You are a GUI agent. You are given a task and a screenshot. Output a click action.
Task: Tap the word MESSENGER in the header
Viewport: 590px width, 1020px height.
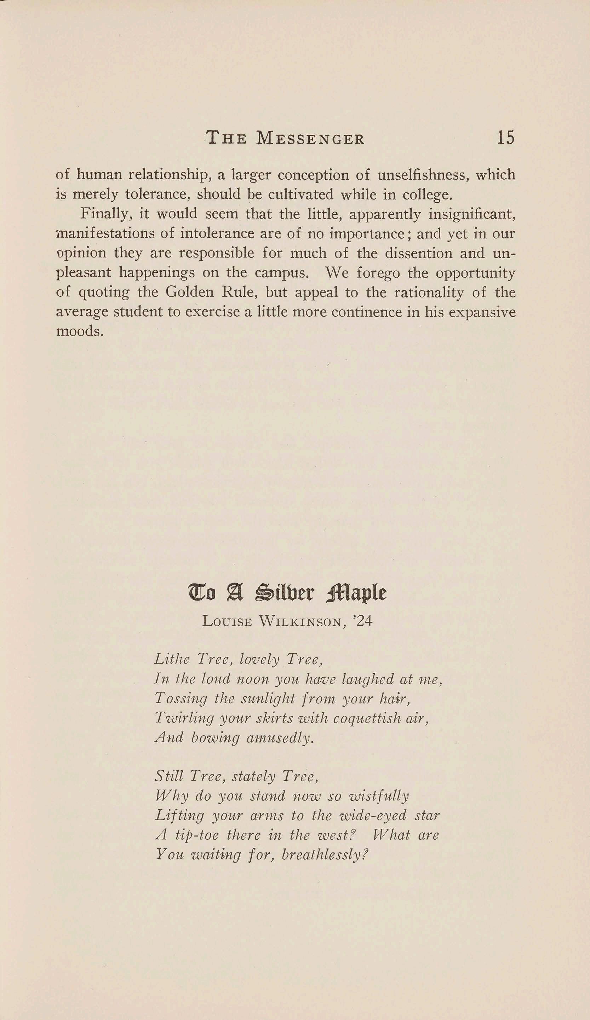point(311,139)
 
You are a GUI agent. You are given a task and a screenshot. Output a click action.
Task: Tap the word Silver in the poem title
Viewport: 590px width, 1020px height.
point(284,593)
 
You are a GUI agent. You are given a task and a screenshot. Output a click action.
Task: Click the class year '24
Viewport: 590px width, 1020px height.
point(362,621)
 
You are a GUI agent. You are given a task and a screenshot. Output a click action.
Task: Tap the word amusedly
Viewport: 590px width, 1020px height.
point(280,738)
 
